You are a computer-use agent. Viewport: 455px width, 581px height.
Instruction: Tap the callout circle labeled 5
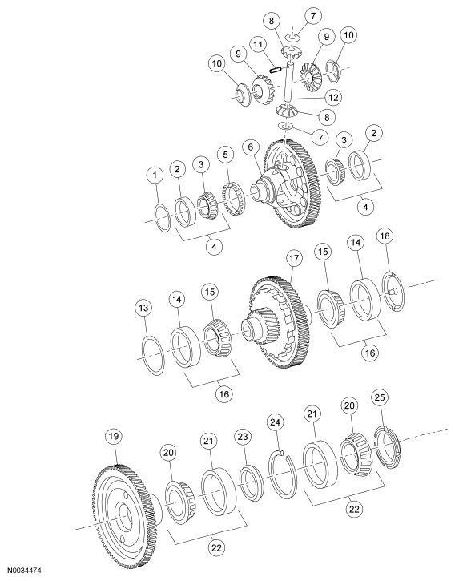(227, 175)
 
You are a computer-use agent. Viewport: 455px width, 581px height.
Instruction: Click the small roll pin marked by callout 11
(274, 70)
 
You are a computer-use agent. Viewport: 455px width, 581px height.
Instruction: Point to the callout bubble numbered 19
(115, 436)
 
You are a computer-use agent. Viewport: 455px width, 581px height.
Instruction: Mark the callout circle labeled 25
(381, 397)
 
